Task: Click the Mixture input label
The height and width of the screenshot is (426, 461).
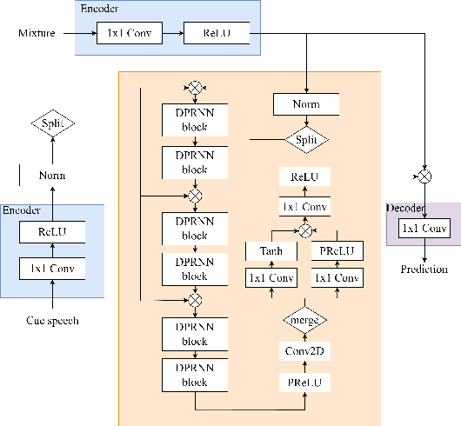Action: (x=37, y=35)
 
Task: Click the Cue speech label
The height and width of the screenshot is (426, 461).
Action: (x=52, y=321)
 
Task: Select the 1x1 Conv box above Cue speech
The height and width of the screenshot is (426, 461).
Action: (x=52, y=269)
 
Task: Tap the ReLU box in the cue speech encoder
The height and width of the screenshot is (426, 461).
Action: (x=52, y=232)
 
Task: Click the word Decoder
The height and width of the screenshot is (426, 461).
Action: (x=406, y=209)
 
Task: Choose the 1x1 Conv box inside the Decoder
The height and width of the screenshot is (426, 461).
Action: (x=423, y=229)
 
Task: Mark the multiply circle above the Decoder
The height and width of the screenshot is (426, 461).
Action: (x=424, y=176)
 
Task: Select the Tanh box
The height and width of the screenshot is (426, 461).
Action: (x=272, y=250)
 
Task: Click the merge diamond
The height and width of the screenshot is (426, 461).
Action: (x=305, y=321)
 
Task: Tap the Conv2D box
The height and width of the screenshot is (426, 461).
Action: (x=305, y=351)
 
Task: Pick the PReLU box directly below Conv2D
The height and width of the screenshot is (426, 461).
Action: (x=305, y=382)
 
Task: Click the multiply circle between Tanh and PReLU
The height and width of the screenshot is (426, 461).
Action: (x=305, y=230)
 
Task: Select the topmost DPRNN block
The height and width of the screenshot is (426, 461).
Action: (x=195, y=119)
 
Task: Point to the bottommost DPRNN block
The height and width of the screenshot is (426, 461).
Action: (x=195, y=375)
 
